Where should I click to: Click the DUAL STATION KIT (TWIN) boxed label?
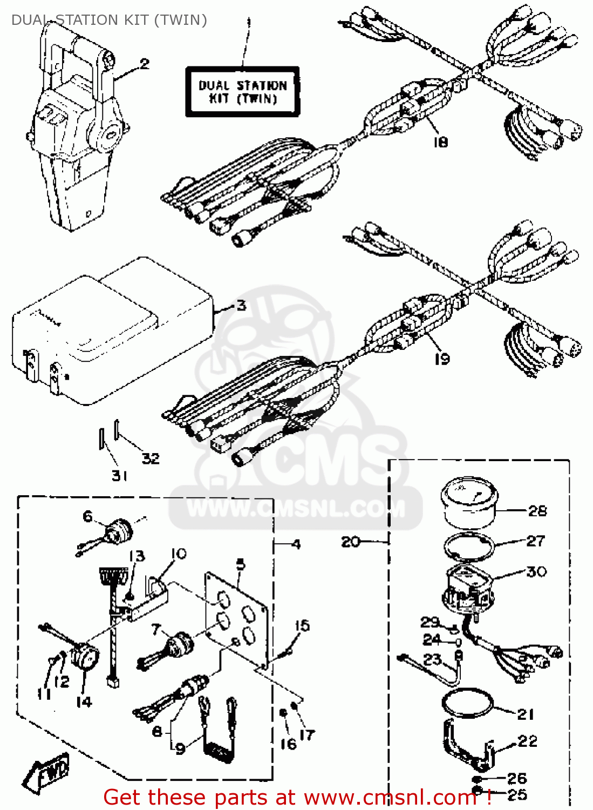click(242, 92)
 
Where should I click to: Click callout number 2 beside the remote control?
click(144, 64)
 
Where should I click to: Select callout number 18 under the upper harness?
click(440, 142)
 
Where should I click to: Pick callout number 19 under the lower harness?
click(441, 359)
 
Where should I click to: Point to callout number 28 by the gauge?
click(537, 511)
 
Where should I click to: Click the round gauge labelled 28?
click(469, 502)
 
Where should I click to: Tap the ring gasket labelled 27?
click(469, 546)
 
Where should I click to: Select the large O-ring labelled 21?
click(467, 704)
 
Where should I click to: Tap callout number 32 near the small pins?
click(151, 458)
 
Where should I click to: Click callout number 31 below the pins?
click(119, 476)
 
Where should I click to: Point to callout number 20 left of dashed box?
click(351, 541)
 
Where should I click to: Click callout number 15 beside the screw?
click(302, 626)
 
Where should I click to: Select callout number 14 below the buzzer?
click(84, 702)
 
